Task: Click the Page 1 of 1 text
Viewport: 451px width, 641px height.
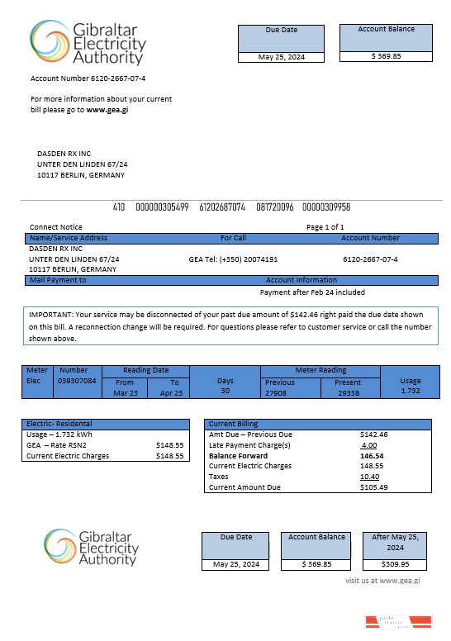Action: click(x=325, y=226)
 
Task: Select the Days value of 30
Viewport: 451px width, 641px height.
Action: click(x=225, y=391)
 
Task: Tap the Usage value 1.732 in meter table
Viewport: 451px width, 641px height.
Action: click(x=410, y=391)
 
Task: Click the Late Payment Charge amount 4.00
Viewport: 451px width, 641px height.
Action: click(x=369, y=444)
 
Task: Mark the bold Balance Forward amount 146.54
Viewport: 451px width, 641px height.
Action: click(x=372, y=455)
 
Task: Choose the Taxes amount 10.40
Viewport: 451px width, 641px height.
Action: click(x=370, y=477)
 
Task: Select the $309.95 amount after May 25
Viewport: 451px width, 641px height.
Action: click(x=396, y=565)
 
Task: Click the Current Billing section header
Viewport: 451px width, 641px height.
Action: click(x=233, y=424)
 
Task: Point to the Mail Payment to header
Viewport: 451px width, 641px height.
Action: click(x=58, y=280)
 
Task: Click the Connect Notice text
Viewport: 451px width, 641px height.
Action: click(x=56, y=226)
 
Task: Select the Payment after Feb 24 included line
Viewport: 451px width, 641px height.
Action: click(x=312, y=292)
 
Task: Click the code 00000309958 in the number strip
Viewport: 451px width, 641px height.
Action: click(x=325, y=207)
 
